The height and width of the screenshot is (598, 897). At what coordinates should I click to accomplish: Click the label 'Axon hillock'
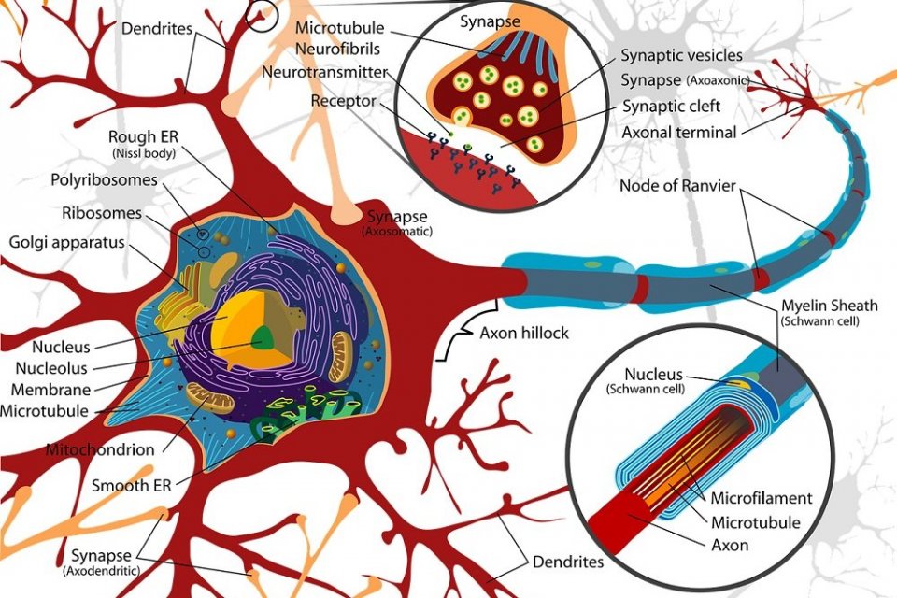(523, 334)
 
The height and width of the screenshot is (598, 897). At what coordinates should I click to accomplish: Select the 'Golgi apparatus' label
(66, 243)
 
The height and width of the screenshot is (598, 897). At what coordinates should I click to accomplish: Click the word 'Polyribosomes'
(103, 179)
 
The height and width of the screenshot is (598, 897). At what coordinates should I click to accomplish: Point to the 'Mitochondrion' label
(100, 449)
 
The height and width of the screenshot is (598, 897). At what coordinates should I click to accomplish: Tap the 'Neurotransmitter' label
(325, 71)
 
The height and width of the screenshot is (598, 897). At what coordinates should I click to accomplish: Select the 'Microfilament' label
(762, 498)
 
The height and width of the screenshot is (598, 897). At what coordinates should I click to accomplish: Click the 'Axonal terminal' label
(679, 132)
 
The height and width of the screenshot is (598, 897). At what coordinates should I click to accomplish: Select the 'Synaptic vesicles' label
(682, 56)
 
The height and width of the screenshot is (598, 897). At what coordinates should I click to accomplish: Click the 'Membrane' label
(50, 389)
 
